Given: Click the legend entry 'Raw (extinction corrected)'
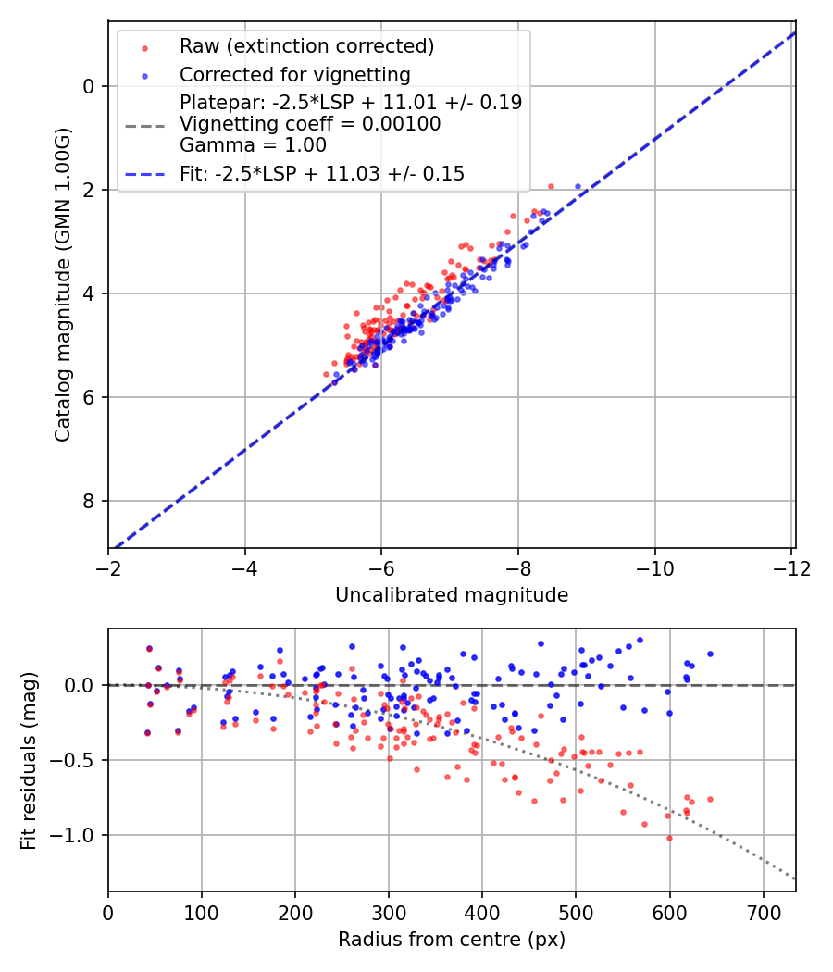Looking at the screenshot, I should tap(306, 46).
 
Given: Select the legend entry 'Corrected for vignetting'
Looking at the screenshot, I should tap(295, 74).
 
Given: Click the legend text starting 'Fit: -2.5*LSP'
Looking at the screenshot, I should tap(322, 173).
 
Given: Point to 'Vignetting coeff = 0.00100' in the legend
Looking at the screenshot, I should tap(310, 124).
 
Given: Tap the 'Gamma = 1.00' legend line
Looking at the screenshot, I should tap(253, 144).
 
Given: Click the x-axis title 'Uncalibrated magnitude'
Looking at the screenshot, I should tap(452, 594).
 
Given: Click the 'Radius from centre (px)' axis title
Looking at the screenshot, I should tap(452, 940).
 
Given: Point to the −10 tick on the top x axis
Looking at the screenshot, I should tap(654, 567).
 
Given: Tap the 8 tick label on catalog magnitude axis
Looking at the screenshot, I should tap(90, 501).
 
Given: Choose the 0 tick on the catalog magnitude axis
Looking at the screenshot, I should tap(90, 86).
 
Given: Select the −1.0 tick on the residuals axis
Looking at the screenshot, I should tap(78, 835).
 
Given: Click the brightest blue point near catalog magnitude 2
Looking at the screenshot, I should tap(578, 186).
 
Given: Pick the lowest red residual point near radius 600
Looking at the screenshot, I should tap(669, 838).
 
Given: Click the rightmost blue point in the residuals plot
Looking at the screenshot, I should tap(710, 654).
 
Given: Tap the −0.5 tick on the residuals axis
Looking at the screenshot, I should tap(78, 760).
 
